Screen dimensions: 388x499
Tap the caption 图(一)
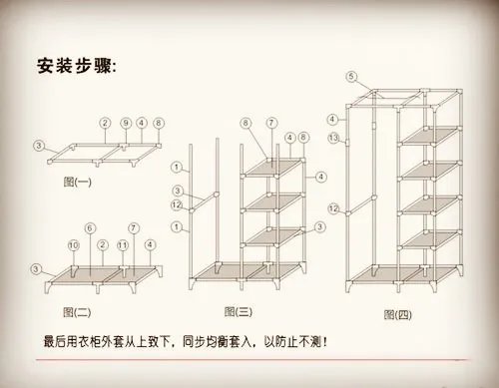[x=76, y=182]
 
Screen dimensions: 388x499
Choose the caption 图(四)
[x=398, y=314]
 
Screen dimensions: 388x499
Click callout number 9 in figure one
[x=125, y=123]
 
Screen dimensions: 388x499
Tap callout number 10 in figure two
[x=72, y=245]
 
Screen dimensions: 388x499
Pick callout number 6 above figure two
[x=89, y=227]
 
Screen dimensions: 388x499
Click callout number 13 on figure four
[x=334, y=136]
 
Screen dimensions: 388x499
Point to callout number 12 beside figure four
[x=334, y=208]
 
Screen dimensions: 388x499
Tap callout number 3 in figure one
[x=39, y=146]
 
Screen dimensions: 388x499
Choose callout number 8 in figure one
[x=159, y=123]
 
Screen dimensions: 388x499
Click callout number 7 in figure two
[x=135, y=227]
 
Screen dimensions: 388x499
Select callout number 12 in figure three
[x=176, y=206]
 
